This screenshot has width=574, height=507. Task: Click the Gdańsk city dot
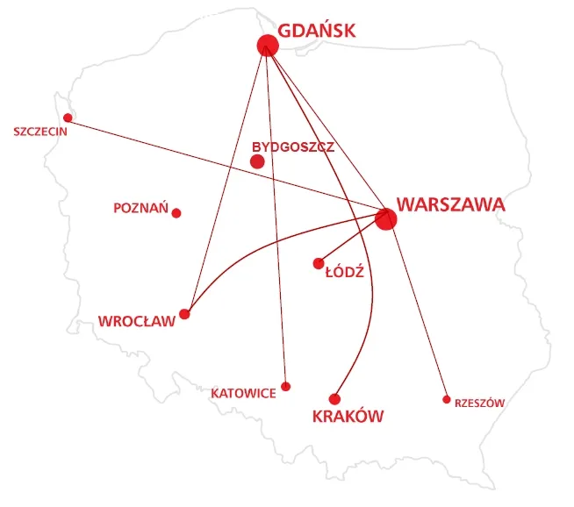tap(268, 46)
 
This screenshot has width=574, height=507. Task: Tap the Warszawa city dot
tap(385, 218)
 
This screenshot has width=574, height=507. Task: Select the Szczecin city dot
tap(68, 118)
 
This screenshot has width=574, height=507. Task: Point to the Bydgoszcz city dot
tap(257, 161)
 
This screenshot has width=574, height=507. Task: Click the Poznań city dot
tap(176, 213)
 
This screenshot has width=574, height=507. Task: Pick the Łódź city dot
tap(319, 263)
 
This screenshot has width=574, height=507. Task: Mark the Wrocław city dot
tap(184, 314)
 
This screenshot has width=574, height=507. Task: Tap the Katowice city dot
tap(285, 386)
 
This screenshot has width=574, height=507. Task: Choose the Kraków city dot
tap(334, 399)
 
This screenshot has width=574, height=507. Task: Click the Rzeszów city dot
tap(446, 399)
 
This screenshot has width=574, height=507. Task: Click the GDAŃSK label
tap(317, 31)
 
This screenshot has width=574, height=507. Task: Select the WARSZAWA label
tap(450, 204)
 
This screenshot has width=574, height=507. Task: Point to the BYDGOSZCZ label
tap(292, 146)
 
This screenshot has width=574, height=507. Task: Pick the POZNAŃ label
tap(140, 209)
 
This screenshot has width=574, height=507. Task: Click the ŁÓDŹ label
tap(344, 272)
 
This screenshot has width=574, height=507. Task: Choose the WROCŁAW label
tap(137, 320)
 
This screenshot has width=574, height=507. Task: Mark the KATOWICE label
tap(243, 393)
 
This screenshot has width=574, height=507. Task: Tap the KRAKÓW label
tap(348, 417)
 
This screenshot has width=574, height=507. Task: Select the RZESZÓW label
tap(479, 403)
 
